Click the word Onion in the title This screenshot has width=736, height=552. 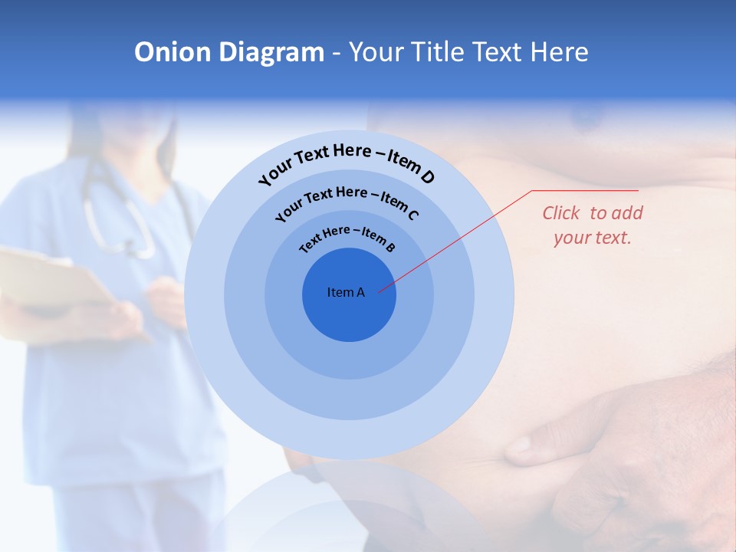click(172, 52)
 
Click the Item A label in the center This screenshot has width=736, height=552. click(346, 292)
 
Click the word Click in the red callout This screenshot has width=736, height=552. click(561, 213)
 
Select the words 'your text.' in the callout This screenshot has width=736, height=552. click(592, 238)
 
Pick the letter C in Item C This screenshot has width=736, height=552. click(412, 215)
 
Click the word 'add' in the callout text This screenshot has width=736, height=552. click(628, 213)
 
